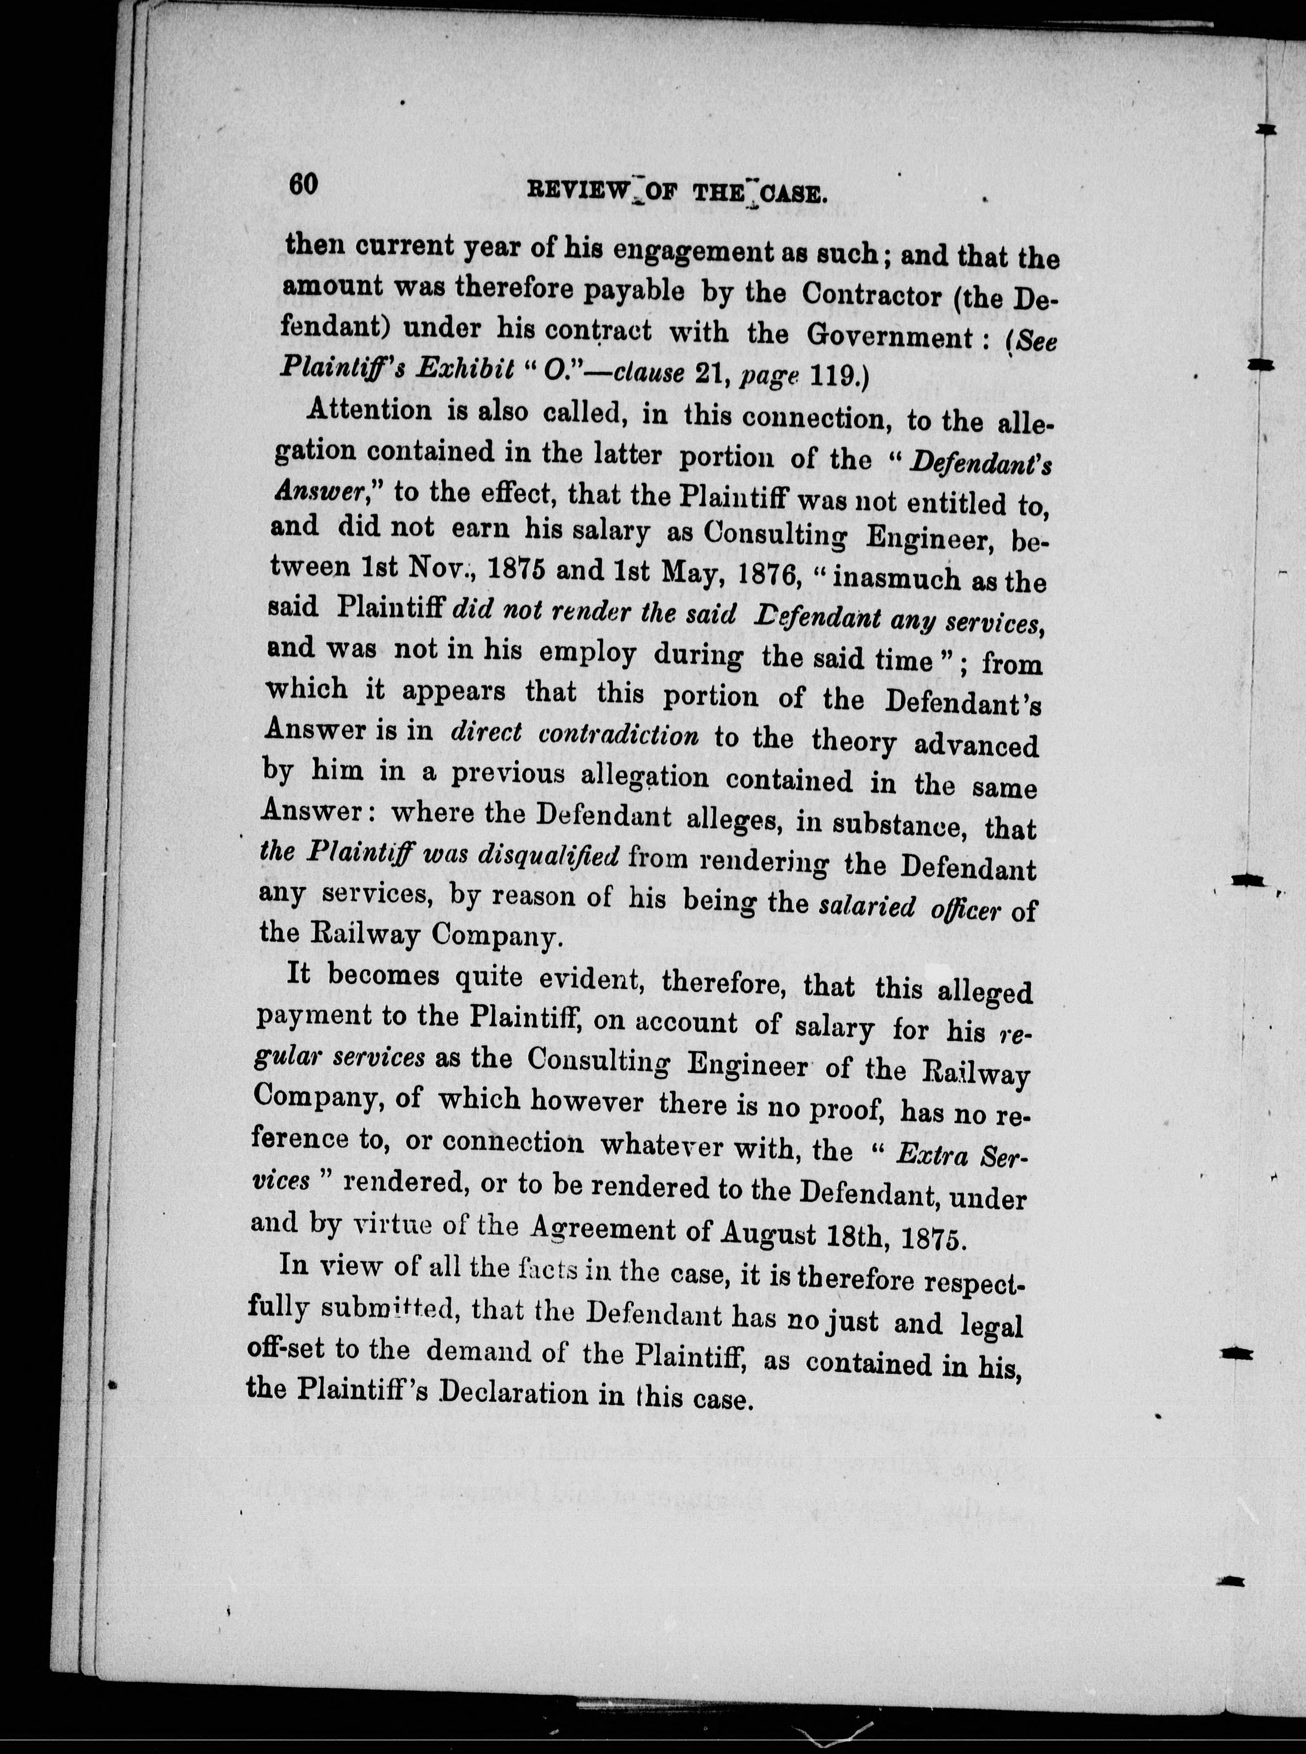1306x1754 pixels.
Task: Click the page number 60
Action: (303, 184)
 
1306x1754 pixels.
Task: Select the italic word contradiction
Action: (618, 735)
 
